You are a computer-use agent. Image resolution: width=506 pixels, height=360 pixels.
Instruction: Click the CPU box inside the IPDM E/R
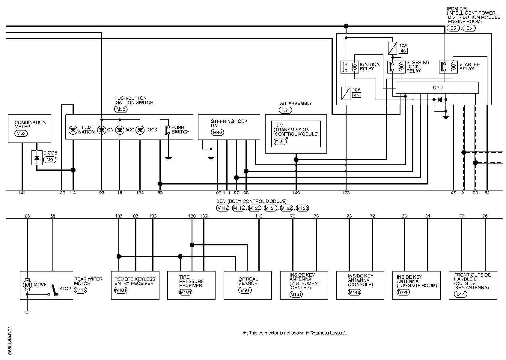(x=437, y=88)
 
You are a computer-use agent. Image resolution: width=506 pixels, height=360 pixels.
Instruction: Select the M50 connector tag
(x=121, y=109)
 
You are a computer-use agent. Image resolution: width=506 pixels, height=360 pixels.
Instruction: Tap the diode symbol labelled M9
(x=37, y=157)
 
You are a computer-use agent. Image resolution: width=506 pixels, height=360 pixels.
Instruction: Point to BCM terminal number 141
(x=22, y=193)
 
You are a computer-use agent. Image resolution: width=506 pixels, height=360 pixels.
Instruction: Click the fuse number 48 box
(x=403, y=51)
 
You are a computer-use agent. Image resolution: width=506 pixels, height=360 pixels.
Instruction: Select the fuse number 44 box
(x=356, y=95)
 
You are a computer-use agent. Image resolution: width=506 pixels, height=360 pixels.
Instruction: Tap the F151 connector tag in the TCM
(x=280, y=142)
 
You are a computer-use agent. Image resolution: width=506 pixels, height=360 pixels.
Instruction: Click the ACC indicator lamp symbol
(x=120, y=130)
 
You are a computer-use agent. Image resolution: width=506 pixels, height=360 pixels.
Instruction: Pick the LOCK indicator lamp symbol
(x=140, y=130)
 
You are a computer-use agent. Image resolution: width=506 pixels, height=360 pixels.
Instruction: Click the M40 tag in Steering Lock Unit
(x=217, y=132)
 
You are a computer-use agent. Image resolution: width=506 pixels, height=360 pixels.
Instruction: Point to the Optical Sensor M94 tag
(x=245, y=290)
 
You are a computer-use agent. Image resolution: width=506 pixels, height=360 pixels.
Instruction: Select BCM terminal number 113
(x=259, y=216)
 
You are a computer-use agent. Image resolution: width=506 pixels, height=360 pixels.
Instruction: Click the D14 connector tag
(x=461, y=294)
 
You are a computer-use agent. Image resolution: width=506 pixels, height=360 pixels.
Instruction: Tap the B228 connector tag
(x=403, y=292)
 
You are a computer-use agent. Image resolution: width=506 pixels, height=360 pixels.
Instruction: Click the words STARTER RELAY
(x=469, y=67)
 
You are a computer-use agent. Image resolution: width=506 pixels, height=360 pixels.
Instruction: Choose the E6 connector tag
(x=469, y=28)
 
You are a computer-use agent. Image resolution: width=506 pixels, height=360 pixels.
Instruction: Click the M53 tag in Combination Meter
(x=21, y=133)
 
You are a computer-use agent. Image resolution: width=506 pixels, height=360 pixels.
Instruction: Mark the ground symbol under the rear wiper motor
(x=27, y=312)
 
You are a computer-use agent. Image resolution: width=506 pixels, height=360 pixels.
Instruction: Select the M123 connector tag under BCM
(x=302, y=208)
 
